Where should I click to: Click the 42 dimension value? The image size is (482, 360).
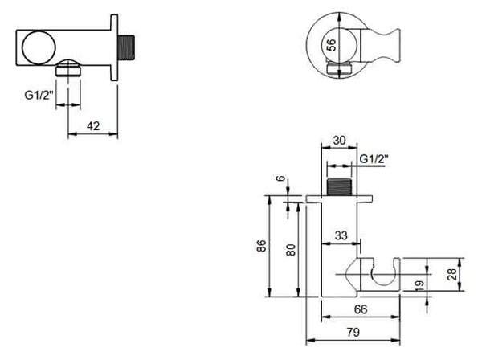[93, 126]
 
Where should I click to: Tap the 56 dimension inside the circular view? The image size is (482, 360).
[331, 45]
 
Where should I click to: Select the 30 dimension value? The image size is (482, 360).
[339, 140]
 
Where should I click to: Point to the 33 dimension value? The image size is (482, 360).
[341, 235]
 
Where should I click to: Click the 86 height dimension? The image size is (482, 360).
[261, 246]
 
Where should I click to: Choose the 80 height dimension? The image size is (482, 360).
[291, 250]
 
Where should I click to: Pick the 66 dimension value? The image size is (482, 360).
[361, 309]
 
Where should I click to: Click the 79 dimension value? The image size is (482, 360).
[353, 333]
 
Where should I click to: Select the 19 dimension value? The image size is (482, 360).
[419, 286]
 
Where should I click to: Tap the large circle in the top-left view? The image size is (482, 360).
[39, 47]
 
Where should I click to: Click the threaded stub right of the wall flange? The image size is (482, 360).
[126, 47]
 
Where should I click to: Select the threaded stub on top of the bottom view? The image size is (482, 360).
[339, 187]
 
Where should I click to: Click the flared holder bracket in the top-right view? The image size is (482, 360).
[380, 46]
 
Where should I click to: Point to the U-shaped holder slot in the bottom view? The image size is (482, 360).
[381, 275]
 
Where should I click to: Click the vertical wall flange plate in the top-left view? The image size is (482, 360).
[114, 47]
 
